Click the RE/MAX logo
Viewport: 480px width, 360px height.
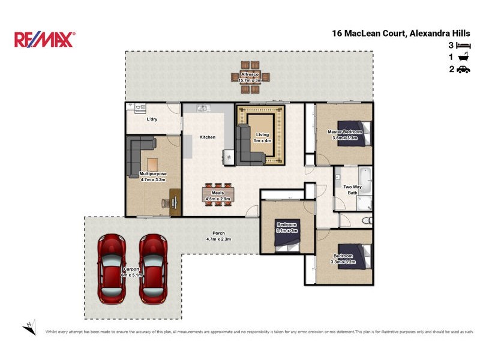(44, 40)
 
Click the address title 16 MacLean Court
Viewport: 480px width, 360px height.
(401, 34)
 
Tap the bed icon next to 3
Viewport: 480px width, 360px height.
(463, 46)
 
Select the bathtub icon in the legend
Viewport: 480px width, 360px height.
(463, 58)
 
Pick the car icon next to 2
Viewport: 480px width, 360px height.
(463, 70)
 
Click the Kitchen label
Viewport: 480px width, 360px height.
(207, 137)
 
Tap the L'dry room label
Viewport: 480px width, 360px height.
(152, 119)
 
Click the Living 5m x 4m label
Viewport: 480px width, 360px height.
(263, 137)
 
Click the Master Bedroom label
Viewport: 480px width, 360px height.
(344, 134)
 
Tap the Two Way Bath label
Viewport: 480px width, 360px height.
(352, 190)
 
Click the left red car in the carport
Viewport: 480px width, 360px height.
(112, 268)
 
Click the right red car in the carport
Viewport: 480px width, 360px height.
(152, 268)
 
